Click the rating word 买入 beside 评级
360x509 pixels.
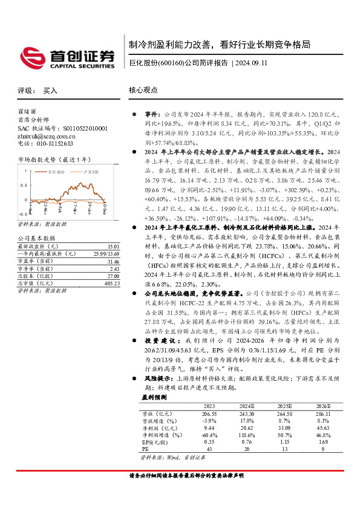click(50, 91)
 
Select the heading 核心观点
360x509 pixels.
click(143, 90)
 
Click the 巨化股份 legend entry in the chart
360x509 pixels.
click(58, 172)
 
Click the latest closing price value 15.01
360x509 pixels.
click(112, 230)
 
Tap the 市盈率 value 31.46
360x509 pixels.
click(112, 244)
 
